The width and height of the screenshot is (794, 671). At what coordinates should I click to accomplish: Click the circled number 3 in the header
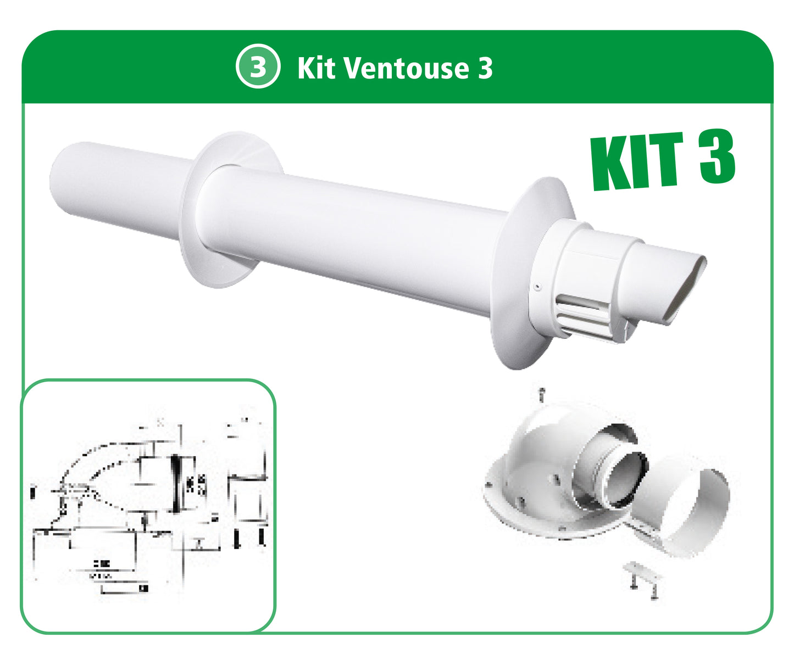(x=258, y=66)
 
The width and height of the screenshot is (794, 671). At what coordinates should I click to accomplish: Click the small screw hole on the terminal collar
(x=538, y=286)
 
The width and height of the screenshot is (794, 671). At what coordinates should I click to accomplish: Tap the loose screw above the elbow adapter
(x=542, y=394)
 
